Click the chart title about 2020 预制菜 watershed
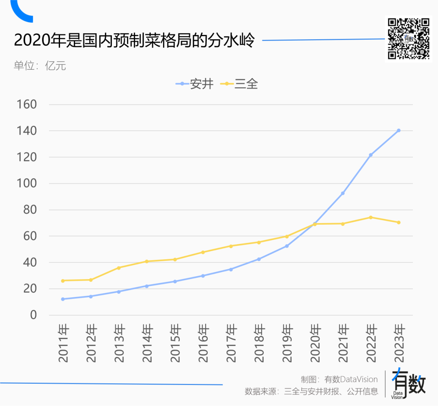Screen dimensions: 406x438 (x=134, y=41)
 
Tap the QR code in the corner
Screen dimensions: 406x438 (x=409, y=39)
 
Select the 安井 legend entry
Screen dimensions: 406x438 (x=195, y=84)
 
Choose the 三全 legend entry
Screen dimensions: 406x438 (x=239, y=84)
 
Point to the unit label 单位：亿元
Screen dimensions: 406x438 (x=40, y=66)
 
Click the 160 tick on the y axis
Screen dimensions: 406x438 (x=27, y=104)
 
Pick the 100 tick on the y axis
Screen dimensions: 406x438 (x=27, y=183)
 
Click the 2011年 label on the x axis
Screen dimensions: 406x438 (x=63, y=343)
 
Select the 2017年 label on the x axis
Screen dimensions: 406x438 (x=231, y=343)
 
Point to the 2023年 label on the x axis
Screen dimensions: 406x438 (x=399, y=343)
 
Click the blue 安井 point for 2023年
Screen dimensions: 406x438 (x=399, y=130)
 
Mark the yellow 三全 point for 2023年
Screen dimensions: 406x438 (x=399, y=222)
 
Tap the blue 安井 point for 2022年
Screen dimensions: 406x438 (x=371, y=155)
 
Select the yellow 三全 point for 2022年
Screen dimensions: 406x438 (x=371, y=217)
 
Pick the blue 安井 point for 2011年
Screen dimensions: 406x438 (x=63, y=299)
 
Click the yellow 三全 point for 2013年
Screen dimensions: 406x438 (x=119, y=268)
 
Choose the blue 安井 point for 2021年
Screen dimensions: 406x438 (x=343, y=193)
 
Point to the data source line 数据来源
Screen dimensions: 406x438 (x=311, y=391)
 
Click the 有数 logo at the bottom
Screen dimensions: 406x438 (x=409, y=384)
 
